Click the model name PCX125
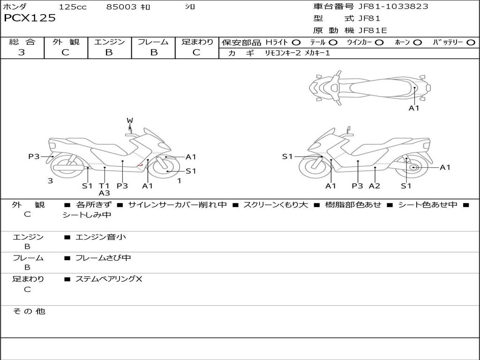tap(30, 18)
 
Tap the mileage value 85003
tap(121, 7)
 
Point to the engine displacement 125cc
tap(73, 7)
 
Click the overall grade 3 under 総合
tap(22, 52)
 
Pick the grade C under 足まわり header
tap(196, 52)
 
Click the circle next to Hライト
tap(296, 42)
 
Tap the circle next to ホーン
tap(418, 42)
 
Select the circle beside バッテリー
tap(471, 42)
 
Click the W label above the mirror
tap(130, 120)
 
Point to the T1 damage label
tap(104, 186)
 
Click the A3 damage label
tap(104, 193)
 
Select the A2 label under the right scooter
tap(375, 186)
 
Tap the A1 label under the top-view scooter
tap(414, 108)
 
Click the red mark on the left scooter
tap(140, 165)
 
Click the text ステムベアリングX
tap(109, 279)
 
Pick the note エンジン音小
tap(101, 237)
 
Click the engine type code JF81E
tap(373, 30)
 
